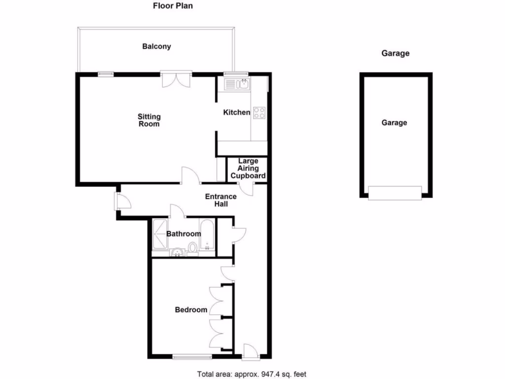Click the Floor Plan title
tap(173, 6)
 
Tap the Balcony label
tap(156, 46)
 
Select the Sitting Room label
tap(149, 120)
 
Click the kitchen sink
tap(238, 84)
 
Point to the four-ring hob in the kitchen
tap(259, 113)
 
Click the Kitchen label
tap(237, 113)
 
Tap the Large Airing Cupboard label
tap(249, 168)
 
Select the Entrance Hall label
tap(220, 200)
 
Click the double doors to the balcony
tap(176, 79)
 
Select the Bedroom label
tap(191, 310)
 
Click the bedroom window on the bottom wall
tap(192, 356)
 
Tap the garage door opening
tap(396, 193)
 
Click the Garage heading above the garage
tap(396, 53)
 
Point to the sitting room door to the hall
tap(190, 176)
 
